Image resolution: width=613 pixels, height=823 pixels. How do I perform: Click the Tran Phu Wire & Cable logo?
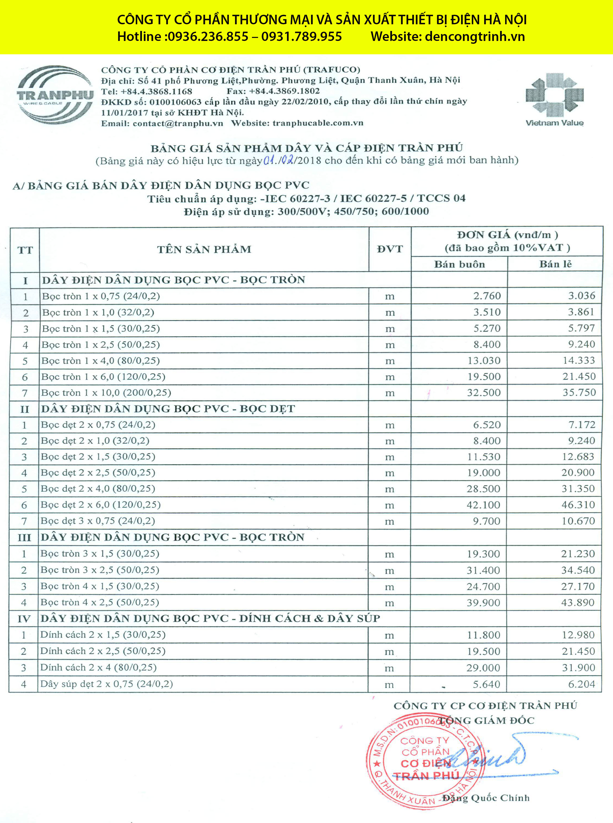(55, 95)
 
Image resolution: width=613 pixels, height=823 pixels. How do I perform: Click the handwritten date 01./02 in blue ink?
(279, 160)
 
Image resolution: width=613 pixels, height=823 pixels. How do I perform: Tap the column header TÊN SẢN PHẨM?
(204, 249)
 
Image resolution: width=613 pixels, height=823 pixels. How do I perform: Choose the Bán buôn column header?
(459, 264)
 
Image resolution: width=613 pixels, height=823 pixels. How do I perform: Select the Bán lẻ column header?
(555, 264)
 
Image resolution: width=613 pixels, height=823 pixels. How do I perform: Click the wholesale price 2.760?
(487, 296)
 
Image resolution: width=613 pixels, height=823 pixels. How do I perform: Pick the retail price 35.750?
(579, 392)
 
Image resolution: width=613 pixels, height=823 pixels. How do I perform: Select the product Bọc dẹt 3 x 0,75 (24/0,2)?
(98, 521)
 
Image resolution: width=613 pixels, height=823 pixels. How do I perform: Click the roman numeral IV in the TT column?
(24, 619)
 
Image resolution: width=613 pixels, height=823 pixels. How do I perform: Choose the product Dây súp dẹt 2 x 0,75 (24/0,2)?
(106, 683)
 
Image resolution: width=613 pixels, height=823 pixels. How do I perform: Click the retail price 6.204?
(582, 684)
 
